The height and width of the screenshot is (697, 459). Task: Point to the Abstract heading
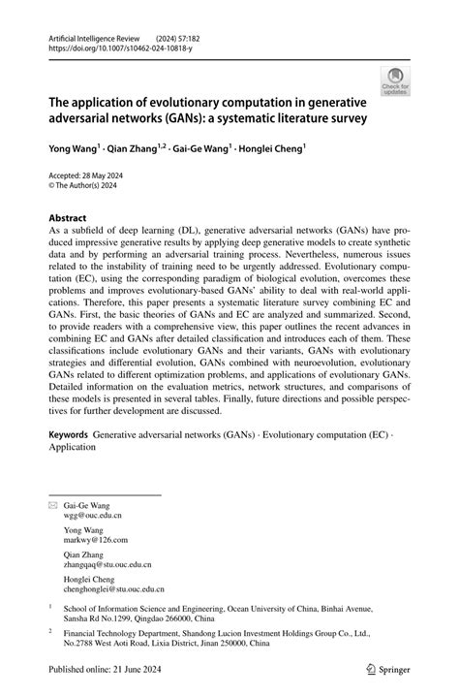click(x=69, y=218)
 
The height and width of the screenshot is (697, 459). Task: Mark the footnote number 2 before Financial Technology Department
click(x=50, y=629)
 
